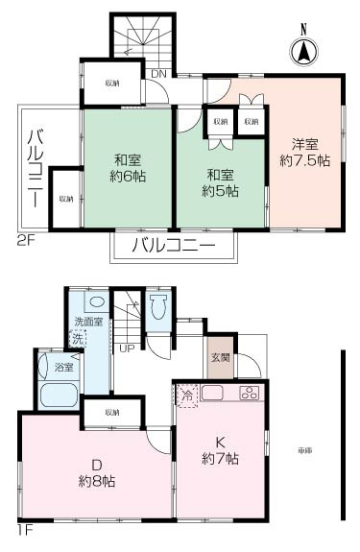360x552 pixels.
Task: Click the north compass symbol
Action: [302, 49]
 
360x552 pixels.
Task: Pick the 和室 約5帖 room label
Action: [221, 182]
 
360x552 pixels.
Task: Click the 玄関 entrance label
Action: [220, 357]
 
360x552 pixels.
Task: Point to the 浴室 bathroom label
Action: [50, 367]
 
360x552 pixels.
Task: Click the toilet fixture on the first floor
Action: [160, 306]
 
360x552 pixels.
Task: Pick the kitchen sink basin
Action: [213, 393]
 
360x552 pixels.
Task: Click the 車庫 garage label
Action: [304, 450]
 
